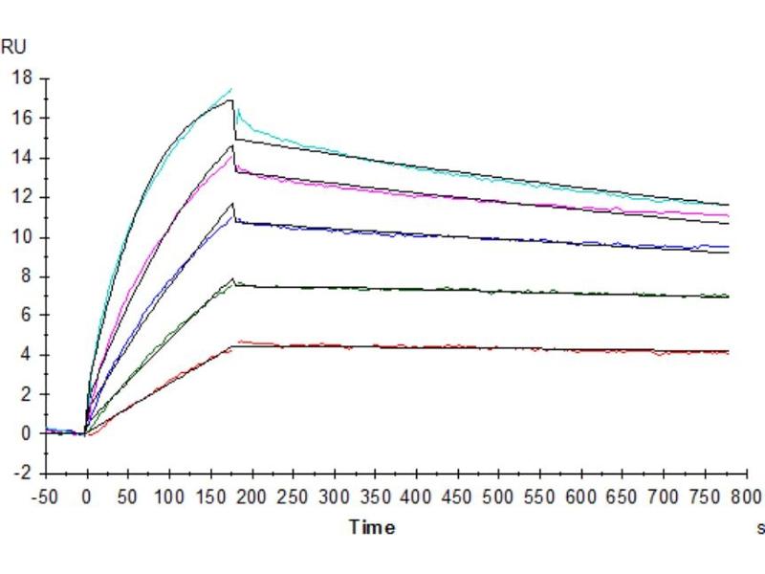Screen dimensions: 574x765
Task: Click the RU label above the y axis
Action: [x=14, y=46]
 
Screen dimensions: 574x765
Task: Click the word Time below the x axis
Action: [x=372, y=526]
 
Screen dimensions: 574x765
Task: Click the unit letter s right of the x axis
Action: [x=761, y=526]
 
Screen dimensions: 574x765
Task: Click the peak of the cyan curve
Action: [x=231, y=89]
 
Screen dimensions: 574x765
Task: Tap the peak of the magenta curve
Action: [x=231, y=156]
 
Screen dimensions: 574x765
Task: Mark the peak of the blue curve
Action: [x=232, y=211]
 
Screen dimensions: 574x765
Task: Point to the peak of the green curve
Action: [x=232, y=280]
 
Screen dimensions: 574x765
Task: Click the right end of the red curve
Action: [x=729, y=353]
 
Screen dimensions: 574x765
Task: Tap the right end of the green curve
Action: [x=729, y=296]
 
